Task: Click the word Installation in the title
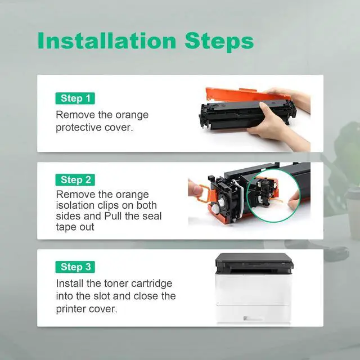pyautogui.click(x=107, y=40)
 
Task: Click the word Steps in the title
pyautogui.click(x=219, y=42)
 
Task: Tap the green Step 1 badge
pyautogui.click(x=75, y=98)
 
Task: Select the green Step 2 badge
pyautogui.click(x=75, y=180)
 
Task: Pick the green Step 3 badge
pyautogui.click(x=75, y=267)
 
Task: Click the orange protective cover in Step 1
pyautogui.click(x=244, y=94)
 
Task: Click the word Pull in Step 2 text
pyautogui.click(x=112, y=216)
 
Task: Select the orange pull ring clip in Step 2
pyautogui.click(x=204, y=193)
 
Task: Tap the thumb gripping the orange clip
pyautogui.click(x=194, y=190)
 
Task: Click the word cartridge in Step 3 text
pyautogui.click(x=152, y=283)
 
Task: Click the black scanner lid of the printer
pyautogui.click(x=254, y=258)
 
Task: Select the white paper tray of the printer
pyautogui.click(x=253, y=313)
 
